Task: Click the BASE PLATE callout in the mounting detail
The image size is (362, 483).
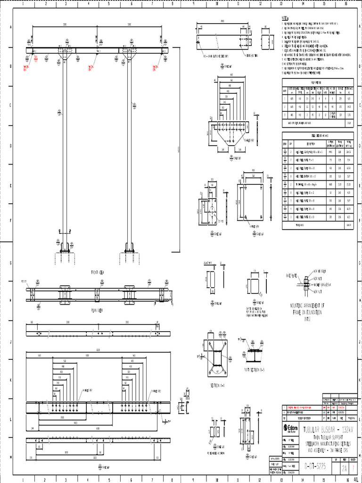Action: click(x=291, y=275)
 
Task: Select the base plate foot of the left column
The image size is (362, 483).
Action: click(x=65, y=247)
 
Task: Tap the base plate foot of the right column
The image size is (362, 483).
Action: click(x=129, y=247)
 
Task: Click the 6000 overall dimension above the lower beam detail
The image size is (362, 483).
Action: click(x=98, y=350)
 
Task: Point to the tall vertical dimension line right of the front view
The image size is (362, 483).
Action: click(x=179, y=151)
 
